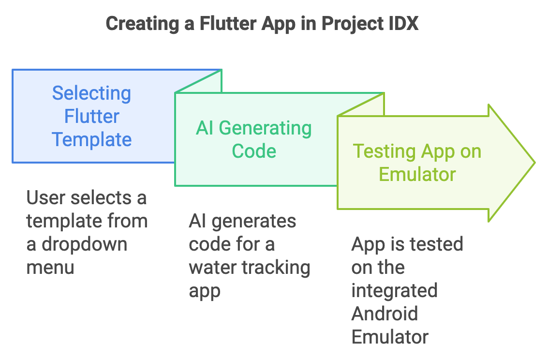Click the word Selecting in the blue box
tap(91, 93)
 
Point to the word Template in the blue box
tap(91, 139)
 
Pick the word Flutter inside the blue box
tap(91, 116)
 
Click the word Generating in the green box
tap(265, 128)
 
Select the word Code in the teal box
tap(254, 151)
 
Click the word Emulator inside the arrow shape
tap(417, 174)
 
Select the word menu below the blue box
tap(50, 267)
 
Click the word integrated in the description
tap(394, 290)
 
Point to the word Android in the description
tap(385, 314)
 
